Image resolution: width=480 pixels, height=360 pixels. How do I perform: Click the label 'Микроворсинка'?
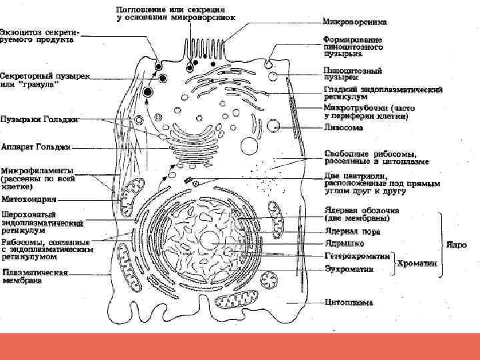355,22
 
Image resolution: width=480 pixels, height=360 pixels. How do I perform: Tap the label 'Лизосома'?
344,127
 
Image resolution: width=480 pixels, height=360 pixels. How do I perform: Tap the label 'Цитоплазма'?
349,302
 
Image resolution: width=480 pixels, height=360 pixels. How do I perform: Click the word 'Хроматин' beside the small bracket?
416,263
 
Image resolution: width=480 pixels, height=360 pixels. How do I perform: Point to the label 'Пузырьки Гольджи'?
39,119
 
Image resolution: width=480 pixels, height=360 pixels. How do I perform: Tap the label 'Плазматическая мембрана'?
35,276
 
